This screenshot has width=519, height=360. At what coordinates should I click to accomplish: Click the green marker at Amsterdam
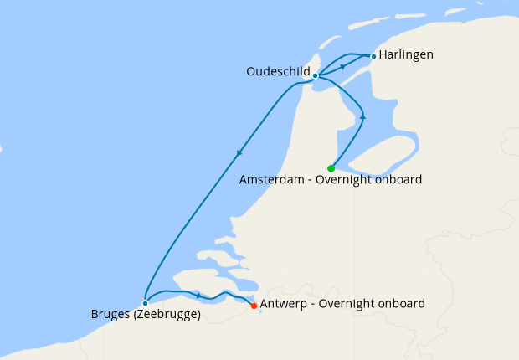[x=331, y=168]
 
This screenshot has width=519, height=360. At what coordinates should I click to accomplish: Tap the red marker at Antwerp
[x=254, y=306]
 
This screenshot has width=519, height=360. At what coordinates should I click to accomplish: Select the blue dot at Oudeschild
[x=315, y=76]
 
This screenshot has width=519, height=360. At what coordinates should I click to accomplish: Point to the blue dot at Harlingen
[x=373, y=57]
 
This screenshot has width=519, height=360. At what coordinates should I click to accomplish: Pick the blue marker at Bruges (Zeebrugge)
[x=145, y=303]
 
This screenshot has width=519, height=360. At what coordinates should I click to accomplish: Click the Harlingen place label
[x=406, y=55]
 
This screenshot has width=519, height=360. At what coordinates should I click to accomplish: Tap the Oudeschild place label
[x=278, y=72]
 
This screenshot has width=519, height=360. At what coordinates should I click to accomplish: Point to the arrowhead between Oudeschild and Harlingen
[x=342, y=66]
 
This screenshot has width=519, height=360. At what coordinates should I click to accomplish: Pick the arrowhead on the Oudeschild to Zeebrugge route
[x=239, y=152]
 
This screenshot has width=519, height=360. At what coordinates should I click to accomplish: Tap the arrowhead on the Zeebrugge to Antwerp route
[x=198, y=295]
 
